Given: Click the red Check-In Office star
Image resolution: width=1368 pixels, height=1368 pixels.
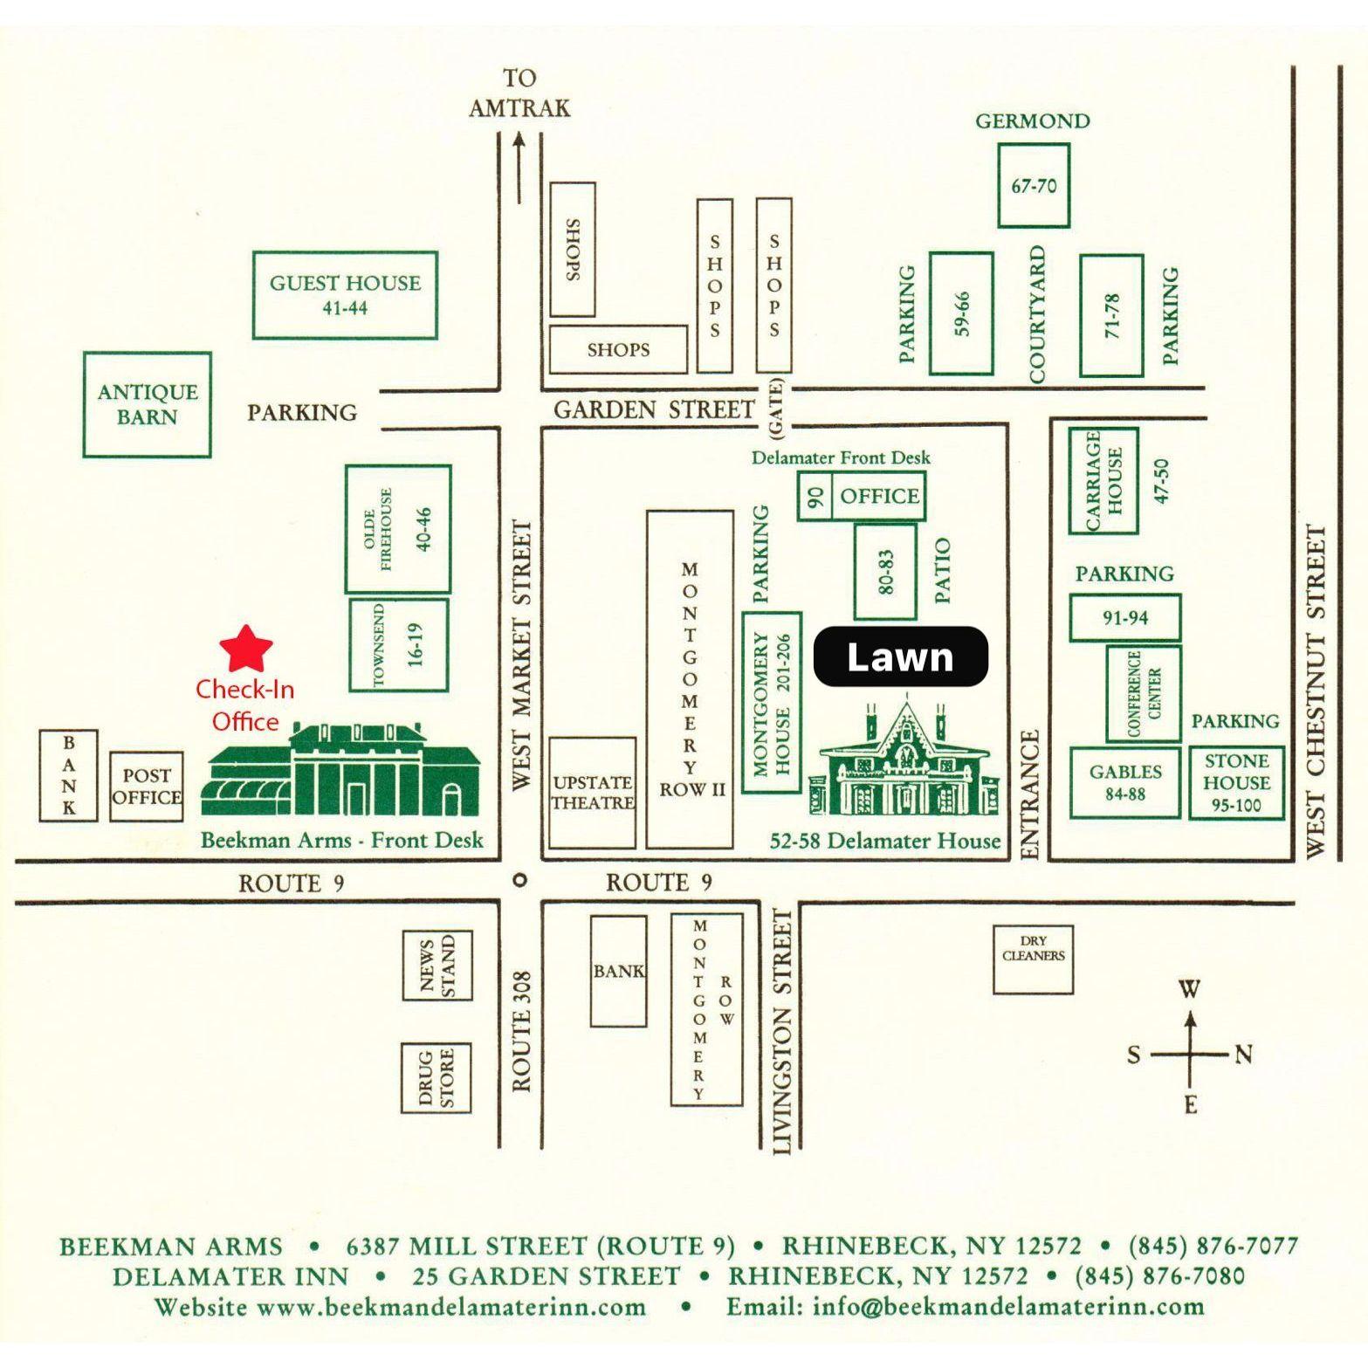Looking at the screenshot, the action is (x=246, y=649).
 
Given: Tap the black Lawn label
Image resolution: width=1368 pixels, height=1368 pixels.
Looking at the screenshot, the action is (x=900, y=657).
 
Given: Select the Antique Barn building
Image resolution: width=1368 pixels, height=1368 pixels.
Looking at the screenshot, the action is (x=148, y=404).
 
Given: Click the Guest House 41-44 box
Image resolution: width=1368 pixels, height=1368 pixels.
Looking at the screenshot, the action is (x=345, y=295).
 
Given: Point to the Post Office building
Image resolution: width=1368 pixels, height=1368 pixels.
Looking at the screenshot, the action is (x=147, y=787).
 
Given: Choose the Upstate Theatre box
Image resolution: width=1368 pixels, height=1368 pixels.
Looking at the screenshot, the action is (x=592, y=793).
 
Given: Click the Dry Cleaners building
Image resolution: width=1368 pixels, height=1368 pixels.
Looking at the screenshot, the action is (x=1034, y=959).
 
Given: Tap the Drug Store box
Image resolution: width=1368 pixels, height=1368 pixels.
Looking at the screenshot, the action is (x=437, y=1077).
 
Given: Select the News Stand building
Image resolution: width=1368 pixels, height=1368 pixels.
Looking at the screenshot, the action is (x=437, y=965).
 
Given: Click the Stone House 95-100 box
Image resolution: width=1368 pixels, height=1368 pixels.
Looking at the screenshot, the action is (x=1236, y=782).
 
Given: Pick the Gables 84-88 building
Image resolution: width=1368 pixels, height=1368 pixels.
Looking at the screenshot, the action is (x=1125, y=782).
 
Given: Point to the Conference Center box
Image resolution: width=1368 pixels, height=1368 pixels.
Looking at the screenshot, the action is (x=1144, y=693).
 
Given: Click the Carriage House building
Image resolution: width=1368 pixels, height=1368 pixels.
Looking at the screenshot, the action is (x=1104, y=480).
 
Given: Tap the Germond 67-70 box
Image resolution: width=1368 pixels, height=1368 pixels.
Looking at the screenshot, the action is (x=1034, y=185).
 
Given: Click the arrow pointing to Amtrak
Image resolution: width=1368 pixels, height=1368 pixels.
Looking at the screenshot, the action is (x=519, y=167).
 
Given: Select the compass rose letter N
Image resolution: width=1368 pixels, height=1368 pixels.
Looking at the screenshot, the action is (x=1243, y=1055).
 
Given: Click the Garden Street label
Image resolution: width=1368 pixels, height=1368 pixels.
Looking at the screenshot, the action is (x=654, y=409).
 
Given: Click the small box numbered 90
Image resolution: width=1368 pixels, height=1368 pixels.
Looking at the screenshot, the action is (x=815, y=497).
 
